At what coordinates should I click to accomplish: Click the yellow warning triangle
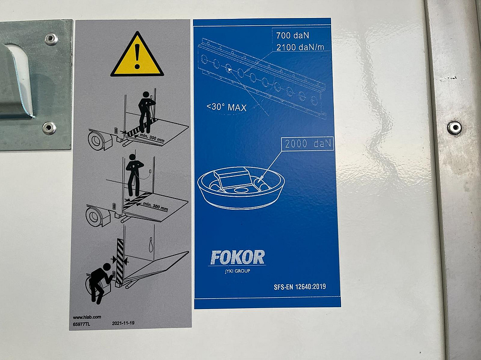point(137,55)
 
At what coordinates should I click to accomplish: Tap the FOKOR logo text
point(237,257)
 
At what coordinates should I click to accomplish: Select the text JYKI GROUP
point(237,271)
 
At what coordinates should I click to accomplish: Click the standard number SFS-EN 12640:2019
point(300,287)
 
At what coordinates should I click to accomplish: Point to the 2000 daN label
point(308,143)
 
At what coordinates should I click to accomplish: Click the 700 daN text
point(292,36)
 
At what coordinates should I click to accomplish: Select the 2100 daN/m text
point(300,47)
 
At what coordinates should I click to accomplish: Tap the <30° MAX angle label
point(227,107)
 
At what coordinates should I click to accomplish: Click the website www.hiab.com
point(87,317)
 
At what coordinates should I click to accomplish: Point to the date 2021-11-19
point(123,323)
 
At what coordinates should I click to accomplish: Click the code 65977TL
point(81,324)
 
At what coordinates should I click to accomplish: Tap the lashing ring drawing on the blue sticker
point(241,187)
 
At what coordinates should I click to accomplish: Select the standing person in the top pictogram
point(147,111)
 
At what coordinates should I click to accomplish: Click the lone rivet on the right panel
point(454,128)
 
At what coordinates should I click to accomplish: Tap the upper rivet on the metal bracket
point(51,39)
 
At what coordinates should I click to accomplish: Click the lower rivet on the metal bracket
point(49,128)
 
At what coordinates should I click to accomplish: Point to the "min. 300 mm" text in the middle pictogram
point(156,207)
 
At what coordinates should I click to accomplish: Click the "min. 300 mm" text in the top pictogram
point(152,138)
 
